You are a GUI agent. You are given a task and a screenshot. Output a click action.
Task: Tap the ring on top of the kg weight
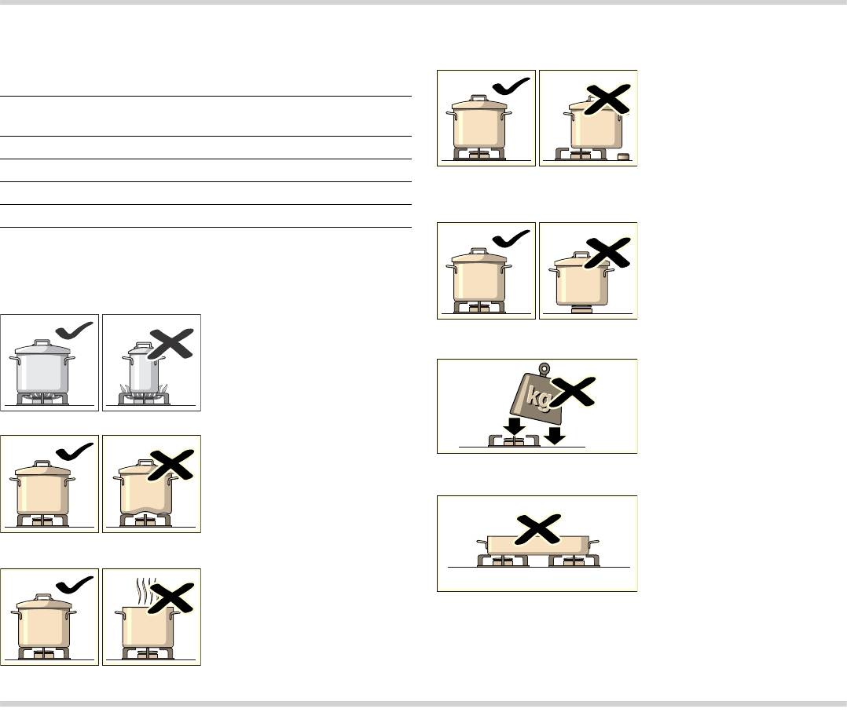point(544,369)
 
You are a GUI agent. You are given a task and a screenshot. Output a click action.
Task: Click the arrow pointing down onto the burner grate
point(514,426)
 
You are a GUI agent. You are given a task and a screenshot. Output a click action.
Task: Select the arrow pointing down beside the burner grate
point(554,434)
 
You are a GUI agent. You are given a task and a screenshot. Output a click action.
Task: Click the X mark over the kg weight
point(573,392)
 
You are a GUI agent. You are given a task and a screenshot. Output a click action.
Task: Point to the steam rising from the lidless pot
point(145,591)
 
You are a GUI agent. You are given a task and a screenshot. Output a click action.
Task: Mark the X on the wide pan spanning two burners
point(538,529)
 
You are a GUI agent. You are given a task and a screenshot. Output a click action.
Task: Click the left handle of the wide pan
point(482,542)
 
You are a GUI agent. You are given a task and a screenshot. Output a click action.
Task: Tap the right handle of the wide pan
point(594,542)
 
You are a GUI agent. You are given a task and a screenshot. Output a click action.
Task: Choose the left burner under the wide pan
point(503,561)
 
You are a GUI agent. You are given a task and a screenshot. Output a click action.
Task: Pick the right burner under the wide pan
point(574,561)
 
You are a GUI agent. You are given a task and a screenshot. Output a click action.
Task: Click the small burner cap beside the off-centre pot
point(624,157)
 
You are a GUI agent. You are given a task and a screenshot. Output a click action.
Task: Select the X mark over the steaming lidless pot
point(170,597)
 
